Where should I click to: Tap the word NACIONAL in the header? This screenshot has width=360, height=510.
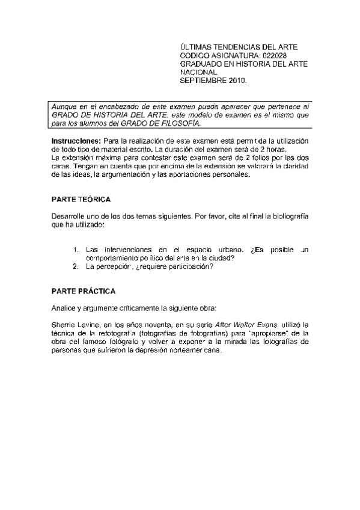coord(199,72)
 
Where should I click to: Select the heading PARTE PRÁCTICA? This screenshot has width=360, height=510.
coord(83,291)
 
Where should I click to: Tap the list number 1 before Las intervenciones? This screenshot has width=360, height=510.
coord(76,249)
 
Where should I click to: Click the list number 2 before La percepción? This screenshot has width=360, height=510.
coord(76,266)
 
